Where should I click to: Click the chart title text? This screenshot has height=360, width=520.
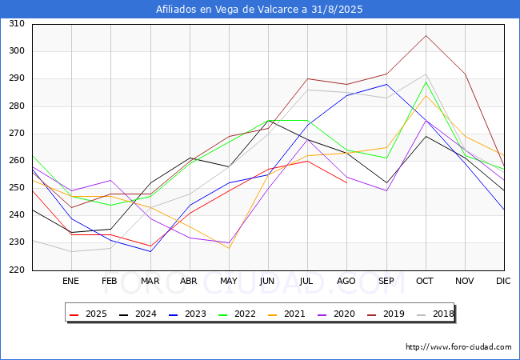point(260,10)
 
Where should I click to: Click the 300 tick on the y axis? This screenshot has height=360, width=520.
point(16,51)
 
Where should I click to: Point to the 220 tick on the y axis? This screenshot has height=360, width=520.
point(16,270)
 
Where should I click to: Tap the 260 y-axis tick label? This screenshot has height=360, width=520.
point(16,161)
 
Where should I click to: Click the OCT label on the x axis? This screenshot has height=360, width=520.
point(426,281)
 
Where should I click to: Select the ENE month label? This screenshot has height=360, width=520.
point(71,281)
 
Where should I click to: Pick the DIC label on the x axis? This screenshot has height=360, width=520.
point(504,281)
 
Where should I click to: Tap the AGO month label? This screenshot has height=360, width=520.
point(346,281)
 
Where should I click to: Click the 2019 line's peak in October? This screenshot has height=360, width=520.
point(426,35)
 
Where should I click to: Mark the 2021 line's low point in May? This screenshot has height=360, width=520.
point(229,248)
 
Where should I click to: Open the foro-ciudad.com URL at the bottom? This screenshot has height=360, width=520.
point(458,347)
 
